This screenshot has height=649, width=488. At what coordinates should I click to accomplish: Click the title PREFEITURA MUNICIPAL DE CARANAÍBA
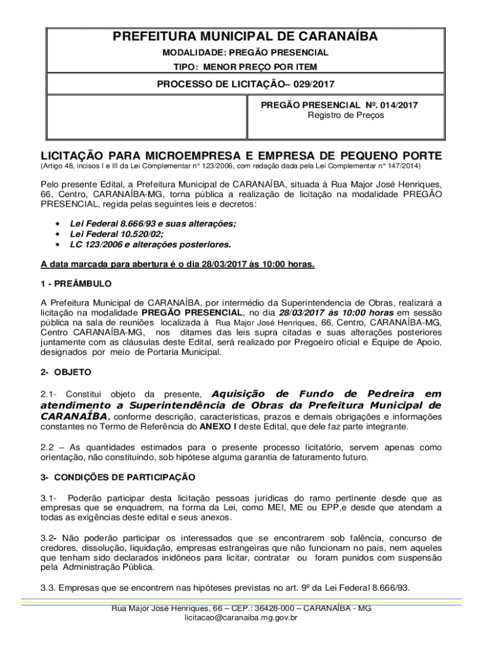(245, 37)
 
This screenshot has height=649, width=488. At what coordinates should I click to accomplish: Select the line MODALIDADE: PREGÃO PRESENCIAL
(245, 53)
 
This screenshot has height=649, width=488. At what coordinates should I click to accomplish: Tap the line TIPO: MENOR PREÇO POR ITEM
(245, 67)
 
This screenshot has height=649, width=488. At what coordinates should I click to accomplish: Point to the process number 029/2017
(316, 84)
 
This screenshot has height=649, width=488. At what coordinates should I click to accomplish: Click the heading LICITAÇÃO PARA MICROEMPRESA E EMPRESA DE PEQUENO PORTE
(241, 156)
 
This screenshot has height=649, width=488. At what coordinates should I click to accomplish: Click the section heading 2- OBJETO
(66, 371)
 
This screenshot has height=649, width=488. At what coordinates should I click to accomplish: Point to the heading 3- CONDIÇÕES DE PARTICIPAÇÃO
(118, 477)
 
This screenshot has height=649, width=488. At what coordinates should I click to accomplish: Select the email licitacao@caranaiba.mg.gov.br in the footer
(241, 617)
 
